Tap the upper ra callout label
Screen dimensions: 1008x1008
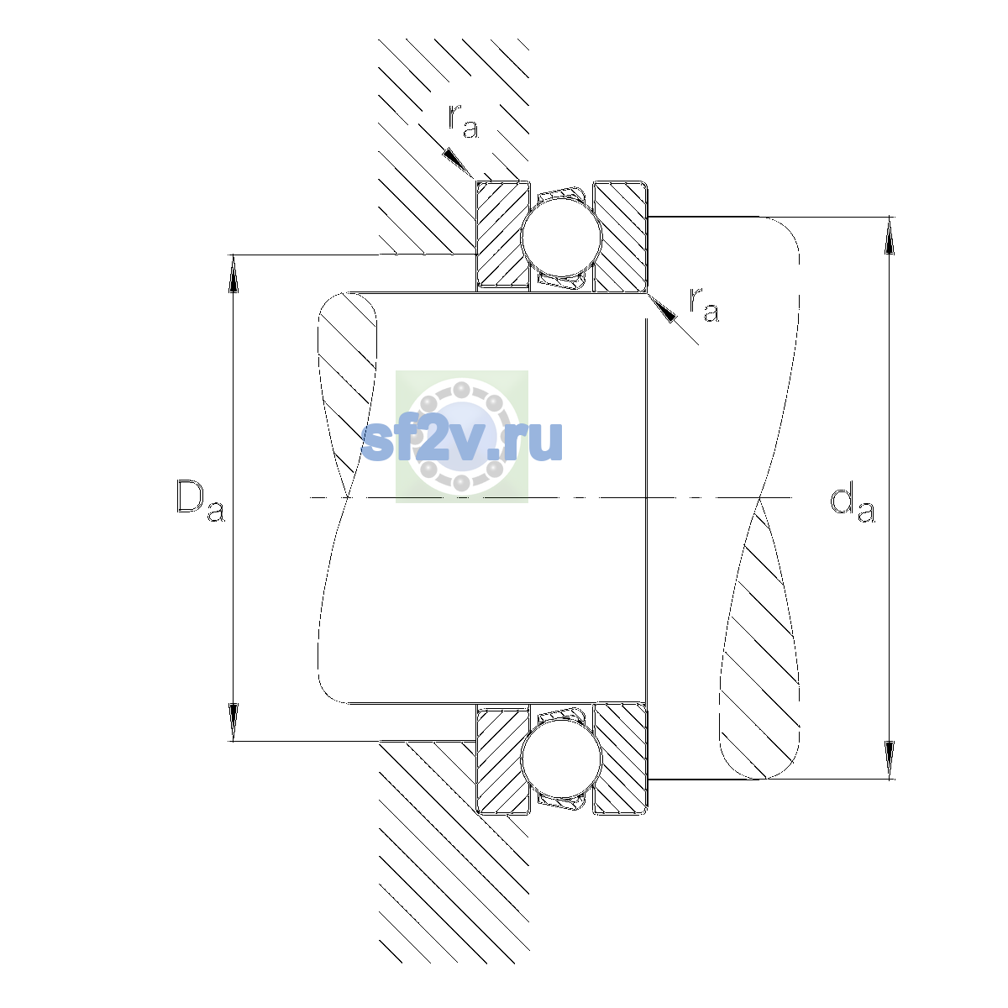463,121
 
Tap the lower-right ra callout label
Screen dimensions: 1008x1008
704,304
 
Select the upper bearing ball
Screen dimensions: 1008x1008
561,236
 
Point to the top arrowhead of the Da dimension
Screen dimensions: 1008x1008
234,274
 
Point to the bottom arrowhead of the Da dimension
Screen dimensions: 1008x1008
234,722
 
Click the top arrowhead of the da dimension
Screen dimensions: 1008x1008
890,235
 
